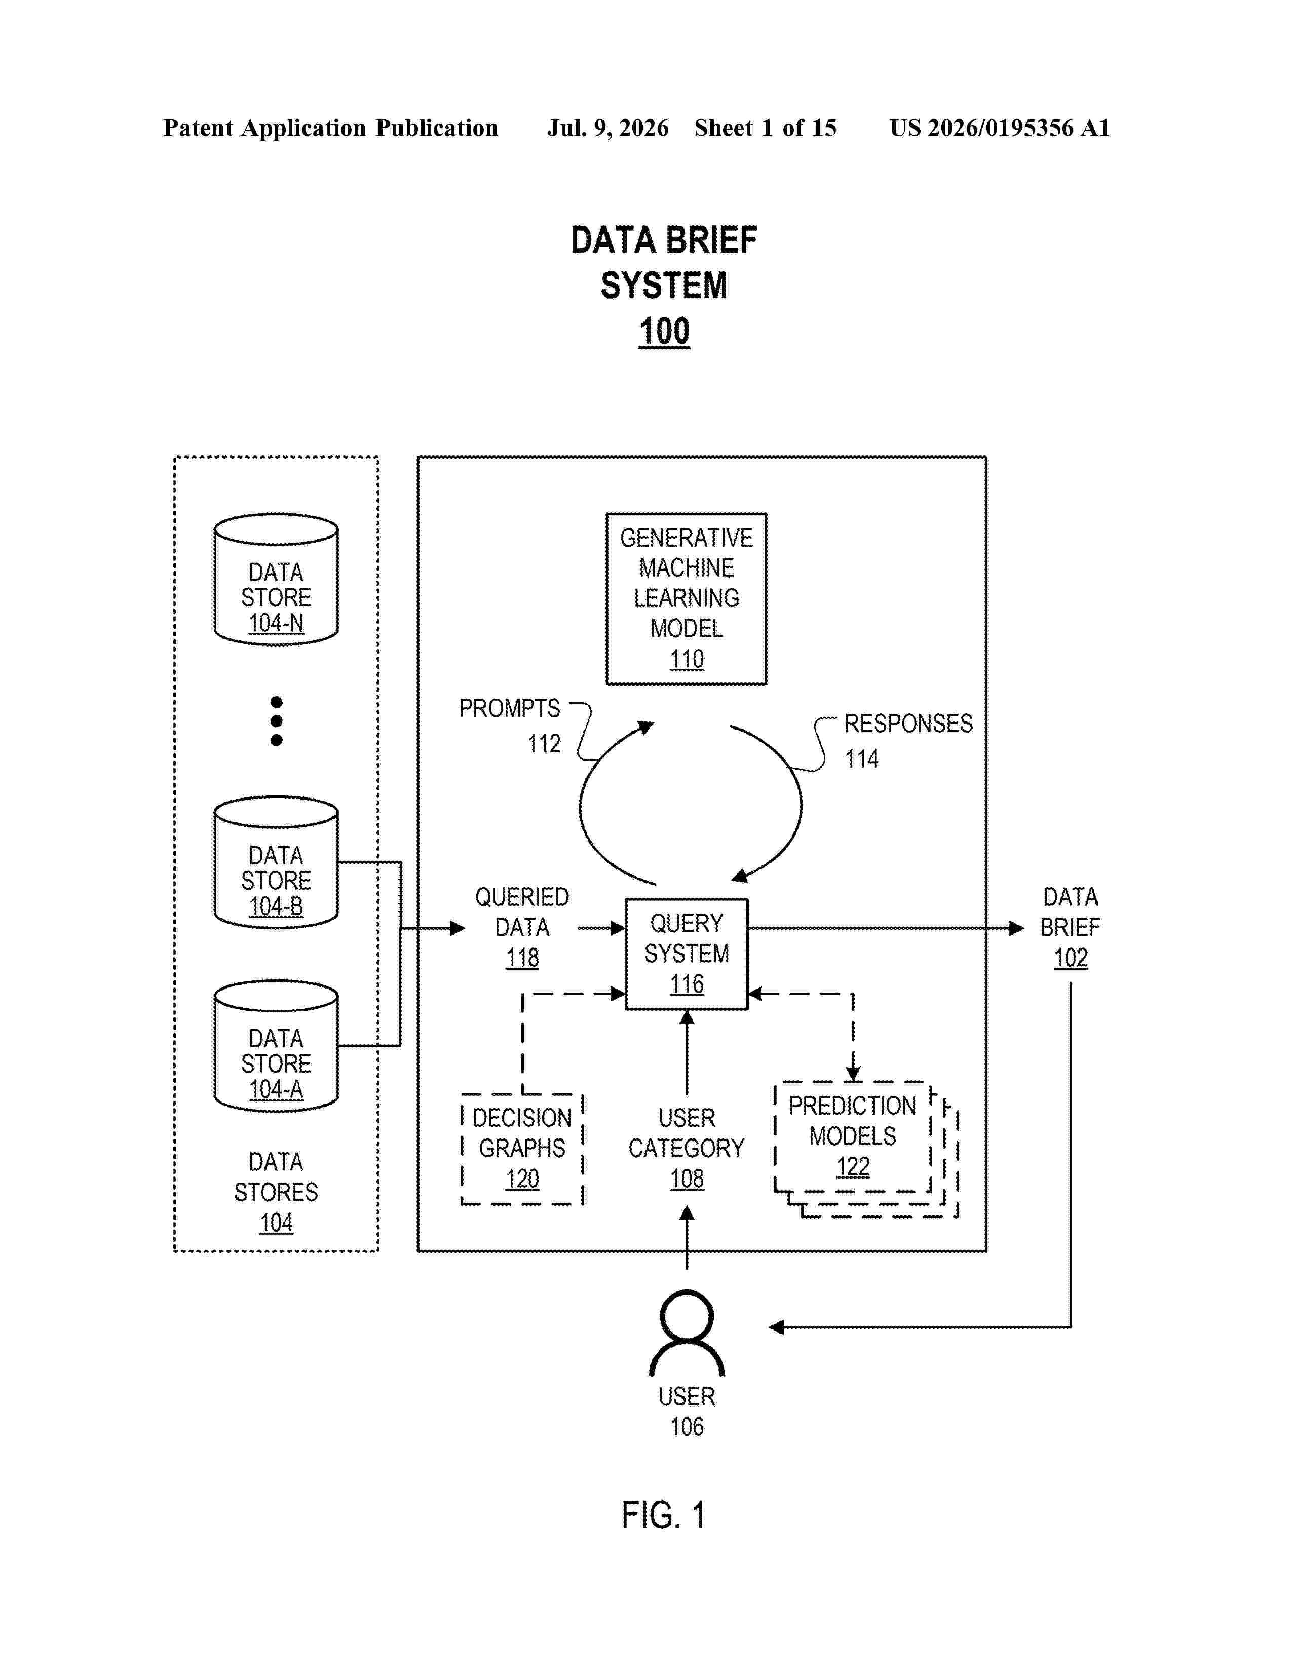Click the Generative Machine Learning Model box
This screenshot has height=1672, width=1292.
point(686,599)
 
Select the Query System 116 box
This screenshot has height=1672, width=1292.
point(687,954)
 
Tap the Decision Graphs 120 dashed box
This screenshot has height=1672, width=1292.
point(522,1148)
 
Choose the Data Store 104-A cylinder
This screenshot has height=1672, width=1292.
point(276,1046)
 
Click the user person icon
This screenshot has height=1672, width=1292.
point(687,1333)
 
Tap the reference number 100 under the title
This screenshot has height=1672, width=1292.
point(664,331)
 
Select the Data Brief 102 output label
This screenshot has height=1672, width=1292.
point(1070,927)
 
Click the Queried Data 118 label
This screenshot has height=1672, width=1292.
point(522,927)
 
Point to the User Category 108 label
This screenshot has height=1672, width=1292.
point(687,1148)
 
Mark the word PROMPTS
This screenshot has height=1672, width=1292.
point(510,708)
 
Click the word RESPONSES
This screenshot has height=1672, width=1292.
point(908,724)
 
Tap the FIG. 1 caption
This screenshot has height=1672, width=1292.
point(664,1515)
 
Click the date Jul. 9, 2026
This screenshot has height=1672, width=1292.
point(607,128)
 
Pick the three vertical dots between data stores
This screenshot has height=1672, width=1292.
point(276,721)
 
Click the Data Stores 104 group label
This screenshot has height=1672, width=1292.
point(276,1192)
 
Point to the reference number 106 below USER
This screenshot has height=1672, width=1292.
point(687,1427)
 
